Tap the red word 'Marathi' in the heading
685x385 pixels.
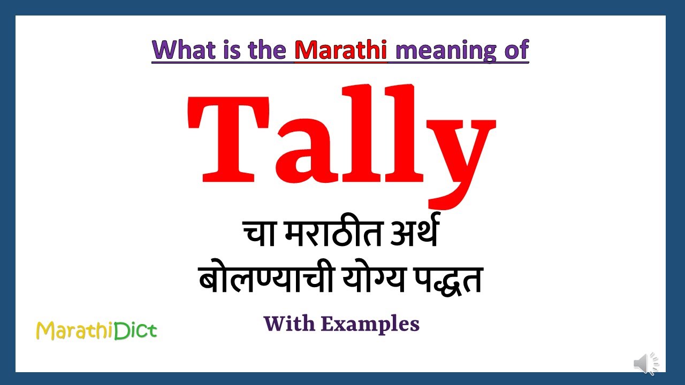340,50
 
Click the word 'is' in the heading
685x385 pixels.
230,50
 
